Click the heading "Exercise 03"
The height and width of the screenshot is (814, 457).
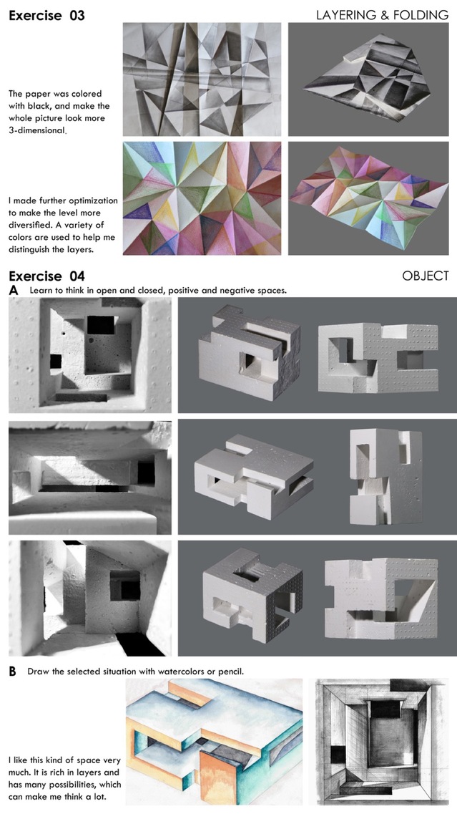point(46,15)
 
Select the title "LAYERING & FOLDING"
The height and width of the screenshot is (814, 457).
point(383,15)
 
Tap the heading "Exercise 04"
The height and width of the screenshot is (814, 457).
point(46,276)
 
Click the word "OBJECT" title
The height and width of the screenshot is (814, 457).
point(426,276)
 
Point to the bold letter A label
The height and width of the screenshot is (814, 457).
point(14,291)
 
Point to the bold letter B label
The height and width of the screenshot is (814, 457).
point(12,672)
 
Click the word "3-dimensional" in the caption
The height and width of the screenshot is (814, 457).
point(36,130)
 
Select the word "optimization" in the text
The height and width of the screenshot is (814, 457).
point(92,200)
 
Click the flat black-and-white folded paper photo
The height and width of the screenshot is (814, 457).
point(202,79)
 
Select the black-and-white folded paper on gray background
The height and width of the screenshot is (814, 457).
point(369,79)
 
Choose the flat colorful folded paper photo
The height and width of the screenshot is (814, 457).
point(202,198)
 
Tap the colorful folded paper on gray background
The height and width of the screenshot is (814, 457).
point(369,198)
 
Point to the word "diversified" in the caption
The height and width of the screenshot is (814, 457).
point(32,225)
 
